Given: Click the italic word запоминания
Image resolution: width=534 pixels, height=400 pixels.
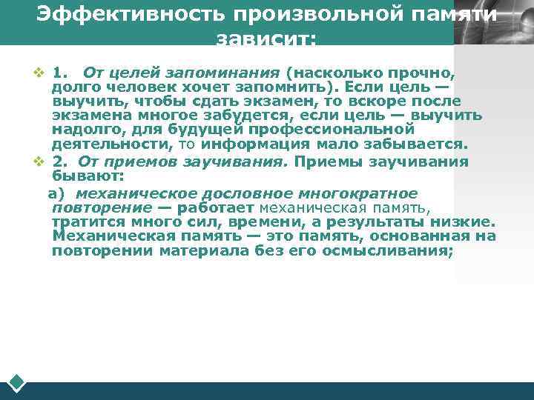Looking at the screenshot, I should [236, 73].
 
